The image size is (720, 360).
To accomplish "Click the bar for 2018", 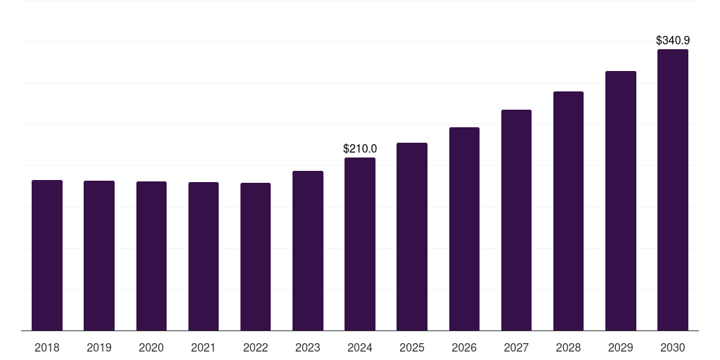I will (x=47, y=255).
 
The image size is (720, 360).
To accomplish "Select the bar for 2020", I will (x=151, y=256).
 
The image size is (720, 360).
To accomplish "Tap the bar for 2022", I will (x=255, y=257).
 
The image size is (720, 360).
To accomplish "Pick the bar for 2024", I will (x=360, y=244).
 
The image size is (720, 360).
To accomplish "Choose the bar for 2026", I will (x=464, y=229).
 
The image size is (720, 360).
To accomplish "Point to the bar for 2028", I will (x=568, y=211).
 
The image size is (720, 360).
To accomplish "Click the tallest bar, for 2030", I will (x=672, y=190).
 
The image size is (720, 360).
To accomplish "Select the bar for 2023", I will (x=308, y=250).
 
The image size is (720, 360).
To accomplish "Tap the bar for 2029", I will (x=620, y=200).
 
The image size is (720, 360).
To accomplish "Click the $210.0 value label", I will (x=360, y=149).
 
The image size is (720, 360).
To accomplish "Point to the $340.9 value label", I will (x=672, y=41).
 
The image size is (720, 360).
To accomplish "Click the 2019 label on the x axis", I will (x=99, y=347).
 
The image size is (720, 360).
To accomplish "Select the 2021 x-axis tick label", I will (x=203, y=347).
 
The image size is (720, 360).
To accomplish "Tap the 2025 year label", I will (x=412, y=347).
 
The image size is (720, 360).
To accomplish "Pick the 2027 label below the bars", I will (x=516, y=347).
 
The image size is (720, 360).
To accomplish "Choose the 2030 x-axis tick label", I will (x=672, y=347).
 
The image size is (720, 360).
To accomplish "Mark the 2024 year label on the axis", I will (x=360, y=347).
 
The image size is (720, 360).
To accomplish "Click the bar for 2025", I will (x=412, y=236).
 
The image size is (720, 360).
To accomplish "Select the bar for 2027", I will (x=516, y=220).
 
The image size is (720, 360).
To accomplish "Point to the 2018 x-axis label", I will (x=47, y=347).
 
